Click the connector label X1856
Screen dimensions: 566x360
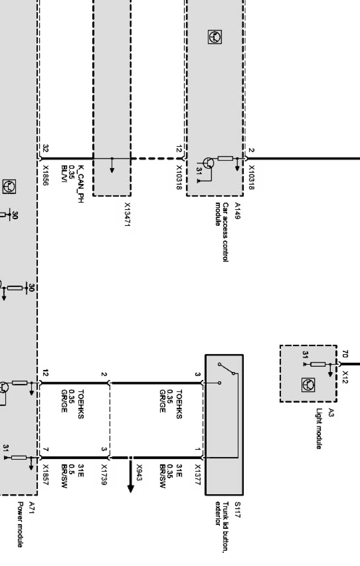(45, 175)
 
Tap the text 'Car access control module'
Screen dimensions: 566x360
(222, 232)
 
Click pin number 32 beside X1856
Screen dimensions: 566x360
(46, 148)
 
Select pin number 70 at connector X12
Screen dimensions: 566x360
(345, 355)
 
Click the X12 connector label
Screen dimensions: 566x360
(345, 377)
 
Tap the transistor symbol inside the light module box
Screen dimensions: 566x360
(308, 385)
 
